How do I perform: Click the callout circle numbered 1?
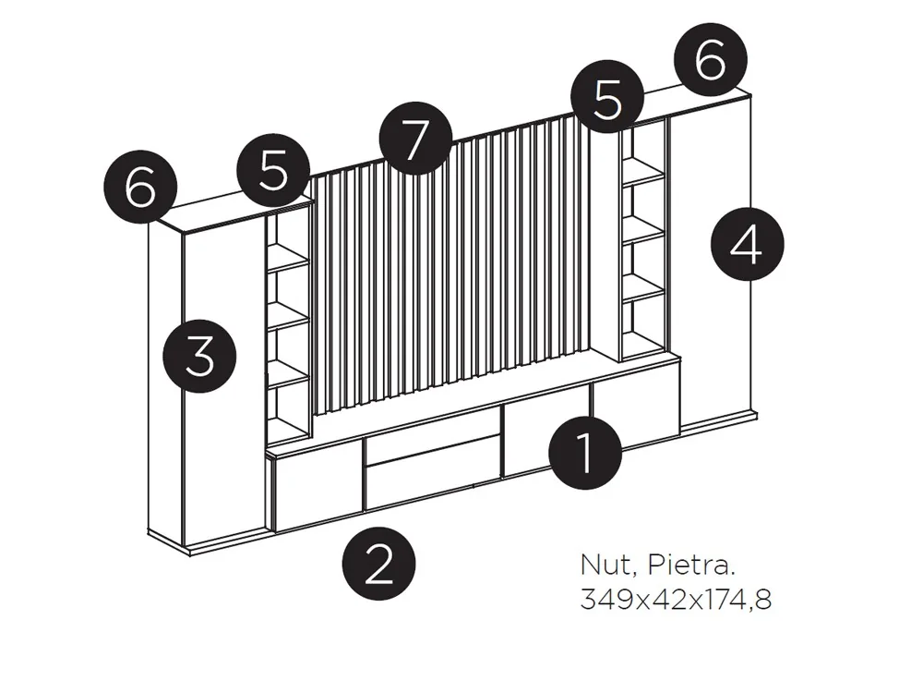(585, 450)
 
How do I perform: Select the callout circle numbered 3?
(200, 356)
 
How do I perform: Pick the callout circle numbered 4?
(748, 244)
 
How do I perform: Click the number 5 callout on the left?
(272, 171)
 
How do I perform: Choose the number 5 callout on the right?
(606, 98)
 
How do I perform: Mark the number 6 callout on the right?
(710, 62)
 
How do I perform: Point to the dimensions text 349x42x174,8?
(676, 599)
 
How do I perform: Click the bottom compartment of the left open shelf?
(288, 411)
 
